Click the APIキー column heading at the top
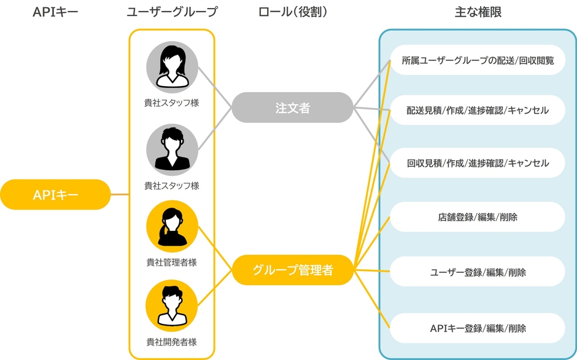pos(55,12)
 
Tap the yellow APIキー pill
pos(55,195)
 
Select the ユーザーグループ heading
pos(172,12)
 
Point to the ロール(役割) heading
pos(293,12)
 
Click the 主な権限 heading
pos(478,12)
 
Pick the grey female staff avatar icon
pos(172,65)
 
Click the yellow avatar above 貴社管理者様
pos(172,226)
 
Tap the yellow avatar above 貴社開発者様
pos(172,305)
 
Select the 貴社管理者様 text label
pos(172,262)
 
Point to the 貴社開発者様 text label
pos(172,342)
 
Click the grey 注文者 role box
pos(293,108)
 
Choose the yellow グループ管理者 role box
pos(293,270)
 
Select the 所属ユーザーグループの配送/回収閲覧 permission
pos(478,60)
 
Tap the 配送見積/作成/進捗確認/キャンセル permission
pos(478,111)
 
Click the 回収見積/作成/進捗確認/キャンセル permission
pos(478,163)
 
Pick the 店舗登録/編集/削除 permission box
pos(478,217)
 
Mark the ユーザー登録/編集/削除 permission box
pos(478,272)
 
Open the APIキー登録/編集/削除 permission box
pos(478,328)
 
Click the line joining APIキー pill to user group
pos(120,195)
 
